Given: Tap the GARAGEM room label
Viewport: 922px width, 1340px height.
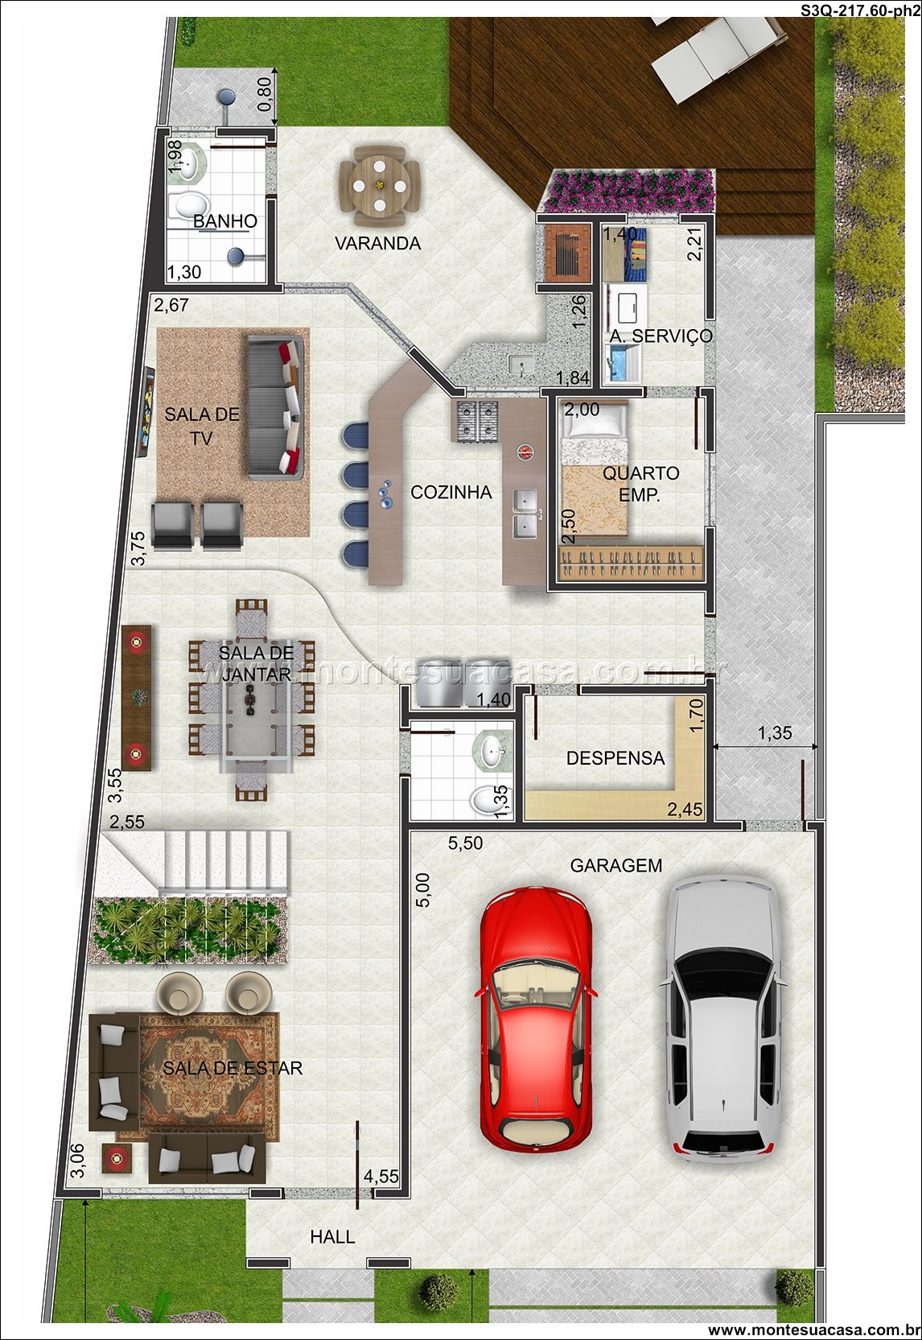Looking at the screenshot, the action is pos(615,866).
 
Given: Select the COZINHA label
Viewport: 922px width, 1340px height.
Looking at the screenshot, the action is pos(451,493).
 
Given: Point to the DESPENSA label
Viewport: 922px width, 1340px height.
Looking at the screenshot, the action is pos(615,758).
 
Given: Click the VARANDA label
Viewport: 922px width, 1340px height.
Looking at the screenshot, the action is pos(377,244).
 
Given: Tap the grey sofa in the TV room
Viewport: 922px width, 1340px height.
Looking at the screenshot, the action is pos(275,406).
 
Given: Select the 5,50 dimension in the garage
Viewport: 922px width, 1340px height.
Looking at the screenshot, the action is pos(465,843).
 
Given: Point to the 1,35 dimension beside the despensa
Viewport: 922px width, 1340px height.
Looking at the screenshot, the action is pos(774,733).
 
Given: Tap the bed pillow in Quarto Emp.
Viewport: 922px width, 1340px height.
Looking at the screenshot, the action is pos(595,426).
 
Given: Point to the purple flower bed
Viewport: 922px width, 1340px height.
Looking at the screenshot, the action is pos(628,190).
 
